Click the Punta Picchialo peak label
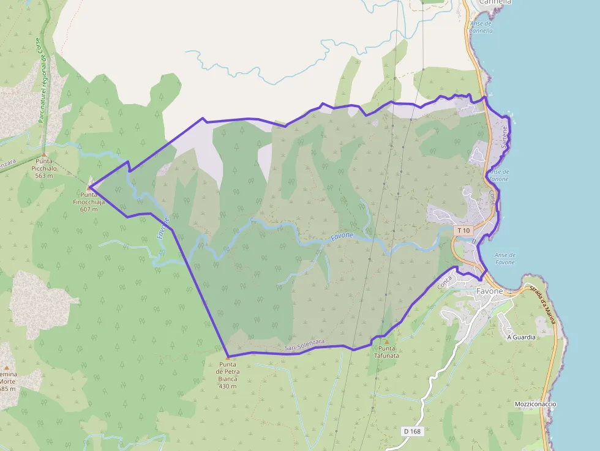(x=45, y=168)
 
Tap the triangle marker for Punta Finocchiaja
(x=89, y=187)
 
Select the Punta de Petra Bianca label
(x=227, y=375)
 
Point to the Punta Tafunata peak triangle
(x=386, y=341)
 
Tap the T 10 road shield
(x=463, y=231)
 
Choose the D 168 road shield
(x=412, y=431)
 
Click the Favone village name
(x=489, y=291)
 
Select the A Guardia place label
(x=521, y=337)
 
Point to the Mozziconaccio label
(x=535, y=404)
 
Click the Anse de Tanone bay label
(x=500, y=176)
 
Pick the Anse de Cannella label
(x=481, y=27)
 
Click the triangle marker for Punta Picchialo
(x=44, y=155)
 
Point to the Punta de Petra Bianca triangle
(x=228, y=357)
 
